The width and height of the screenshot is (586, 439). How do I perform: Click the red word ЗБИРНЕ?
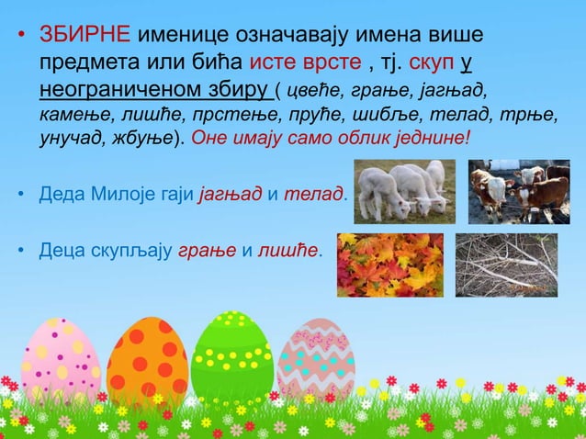[x=85, y=35]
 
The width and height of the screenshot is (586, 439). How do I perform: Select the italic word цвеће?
[x=316, y=93]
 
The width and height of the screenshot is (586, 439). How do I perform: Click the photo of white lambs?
[x=404, y=191]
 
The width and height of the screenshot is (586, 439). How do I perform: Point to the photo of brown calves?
[x=518, y=191]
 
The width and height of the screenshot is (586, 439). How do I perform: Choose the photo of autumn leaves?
[x=389, y=265]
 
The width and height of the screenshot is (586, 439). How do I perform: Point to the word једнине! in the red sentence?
[x=427, y=141]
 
